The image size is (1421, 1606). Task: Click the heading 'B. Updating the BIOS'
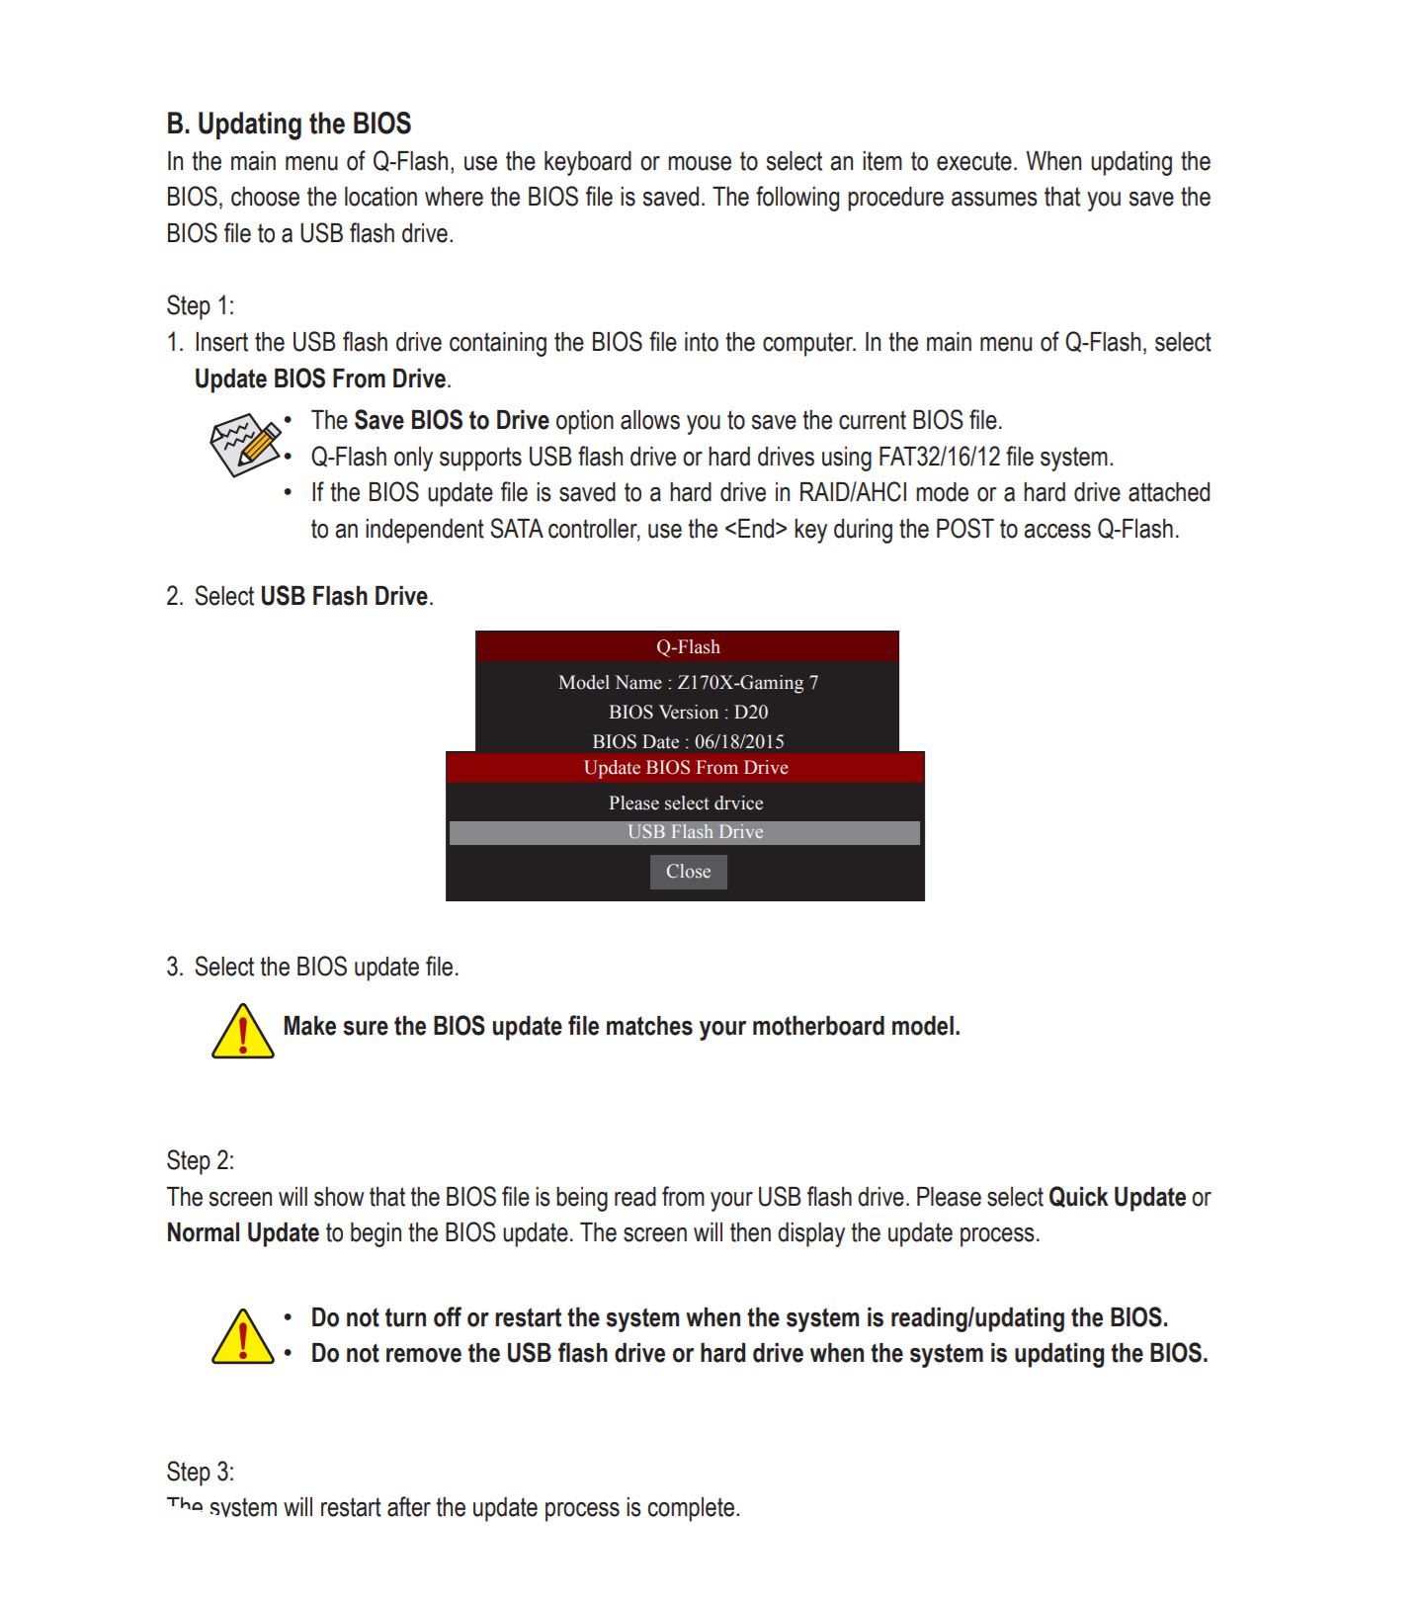289,125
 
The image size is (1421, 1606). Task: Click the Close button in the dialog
688,872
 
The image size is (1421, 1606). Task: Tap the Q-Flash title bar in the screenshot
688,647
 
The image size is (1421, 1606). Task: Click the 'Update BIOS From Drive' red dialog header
686,768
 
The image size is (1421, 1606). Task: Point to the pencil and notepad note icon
245,444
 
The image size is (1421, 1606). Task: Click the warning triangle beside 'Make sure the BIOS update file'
242,1032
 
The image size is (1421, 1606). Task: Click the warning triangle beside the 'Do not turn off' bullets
242,1337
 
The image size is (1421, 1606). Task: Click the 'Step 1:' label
200,306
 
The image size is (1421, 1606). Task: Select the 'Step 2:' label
200,1160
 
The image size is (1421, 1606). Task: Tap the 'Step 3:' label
200,1472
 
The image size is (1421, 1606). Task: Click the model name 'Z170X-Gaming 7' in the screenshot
747,683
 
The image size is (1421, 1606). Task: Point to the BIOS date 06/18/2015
739,742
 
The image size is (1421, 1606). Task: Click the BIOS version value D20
751,713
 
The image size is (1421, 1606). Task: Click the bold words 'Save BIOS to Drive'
452,421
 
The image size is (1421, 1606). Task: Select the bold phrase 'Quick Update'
1117,1198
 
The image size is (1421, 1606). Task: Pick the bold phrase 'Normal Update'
243,1233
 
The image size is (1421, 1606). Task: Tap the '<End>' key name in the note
756,530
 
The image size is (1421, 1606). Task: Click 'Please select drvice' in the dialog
686,803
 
